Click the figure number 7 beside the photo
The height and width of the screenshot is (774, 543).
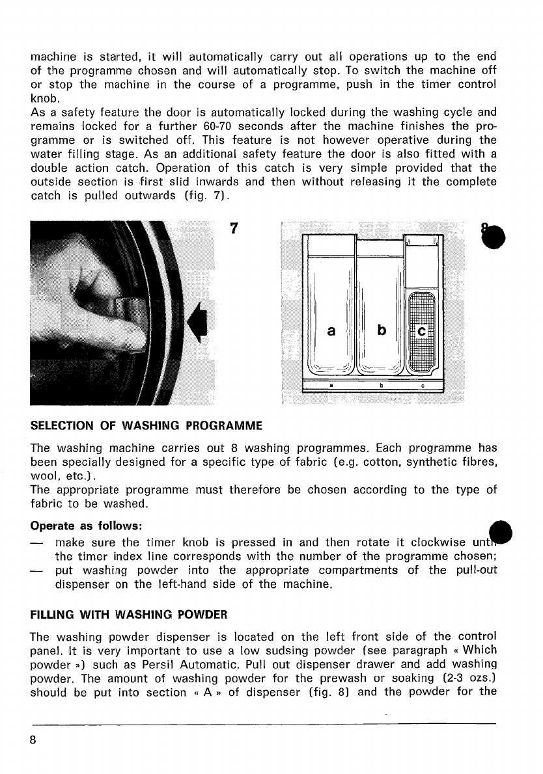point(236,229)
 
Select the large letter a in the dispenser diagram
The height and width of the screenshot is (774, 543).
point(331,330)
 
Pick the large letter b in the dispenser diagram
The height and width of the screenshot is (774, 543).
point(382,330)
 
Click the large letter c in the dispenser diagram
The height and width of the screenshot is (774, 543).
point(421,332)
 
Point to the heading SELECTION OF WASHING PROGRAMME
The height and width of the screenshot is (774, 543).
point(146,426)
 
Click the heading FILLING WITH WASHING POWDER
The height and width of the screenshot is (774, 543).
point(128,614)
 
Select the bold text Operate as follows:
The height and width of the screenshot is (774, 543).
point(87,524)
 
